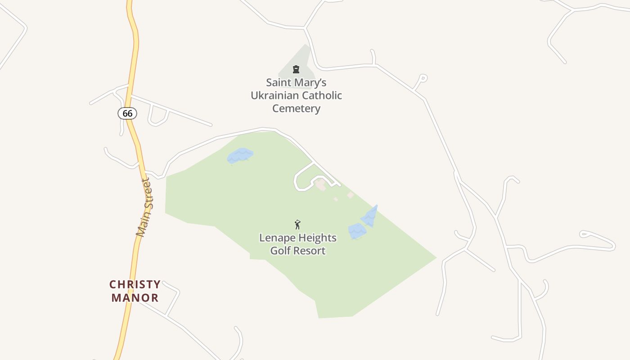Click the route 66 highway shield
(x=127, y=113)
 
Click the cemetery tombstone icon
(x=296, y=69)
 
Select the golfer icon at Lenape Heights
(x=297, y=225)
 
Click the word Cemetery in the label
(x=297, y=108)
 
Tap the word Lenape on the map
(x=275, y=238)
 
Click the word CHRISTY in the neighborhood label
(x=135, y=284)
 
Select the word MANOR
(x=135, y=297)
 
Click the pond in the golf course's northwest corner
(x=240, y=156)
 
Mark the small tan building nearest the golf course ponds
(x=351, y=195)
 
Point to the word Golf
(x=279, y=251)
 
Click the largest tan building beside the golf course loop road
(x=321, y=185)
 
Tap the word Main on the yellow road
(x=141, y=227)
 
